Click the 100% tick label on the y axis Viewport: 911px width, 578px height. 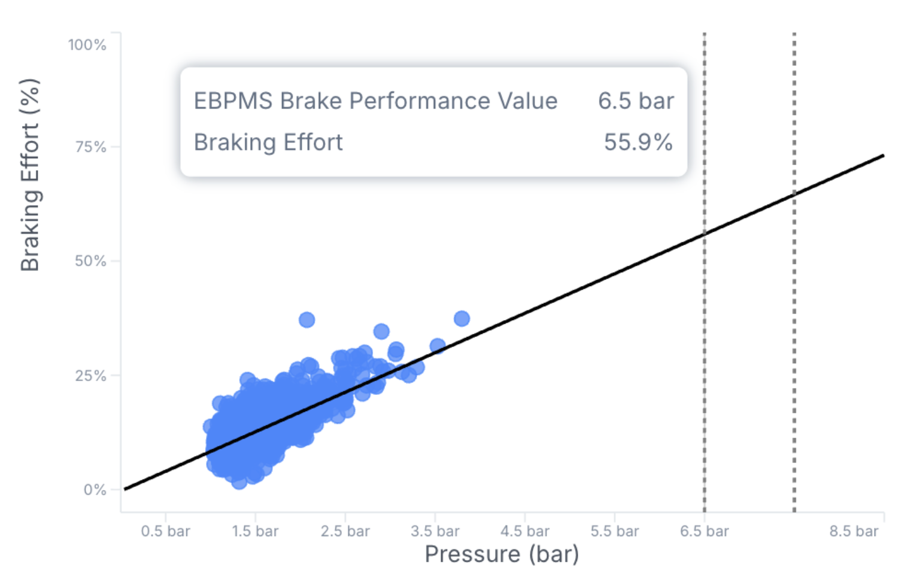point(87,45)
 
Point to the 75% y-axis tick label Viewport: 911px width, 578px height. point(90,147)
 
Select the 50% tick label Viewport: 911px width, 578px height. point(90,261)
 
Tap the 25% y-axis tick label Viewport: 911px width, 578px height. point(90,376)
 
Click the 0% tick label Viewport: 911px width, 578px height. point(95,490)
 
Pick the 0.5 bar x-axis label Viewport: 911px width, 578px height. point(165,531)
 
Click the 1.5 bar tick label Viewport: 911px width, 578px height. point(255,531)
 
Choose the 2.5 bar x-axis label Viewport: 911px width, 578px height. point(345,531)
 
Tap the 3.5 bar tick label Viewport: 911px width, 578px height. point(435,531)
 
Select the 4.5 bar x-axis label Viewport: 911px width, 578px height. point(525,531)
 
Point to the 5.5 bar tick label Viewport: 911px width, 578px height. point(615,531)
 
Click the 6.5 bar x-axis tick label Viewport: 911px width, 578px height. point(704,531)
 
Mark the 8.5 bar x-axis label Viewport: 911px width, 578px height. point(854,531)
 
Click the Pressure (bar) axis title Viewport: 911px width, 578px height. point(502,555)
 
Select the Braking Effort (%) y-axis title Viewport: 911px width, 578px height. point(30,175)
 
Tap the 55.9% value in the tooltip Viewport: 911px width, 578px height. point(638,142)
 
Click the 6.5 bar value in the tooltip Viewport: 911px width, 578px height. point(636,101)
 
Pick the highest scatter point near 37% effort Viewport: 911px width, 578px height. point(306,320)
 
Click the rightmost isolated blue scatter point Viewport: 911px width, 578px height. point(461,318)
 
